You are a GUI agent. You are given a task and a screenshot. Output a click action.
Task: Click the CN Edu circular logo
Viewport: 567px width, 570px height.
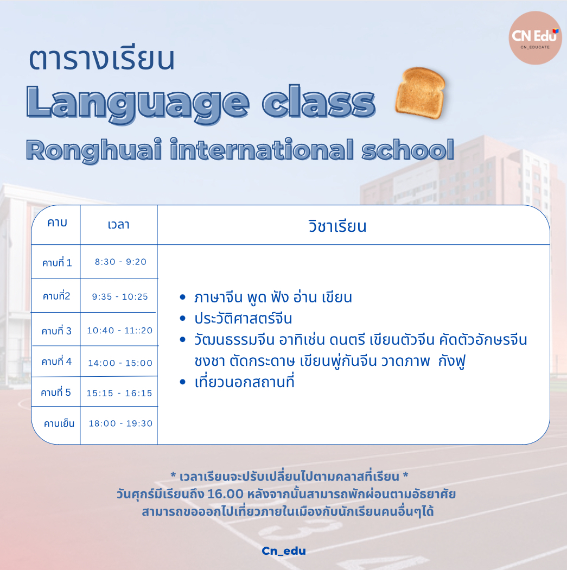tap(535, 38)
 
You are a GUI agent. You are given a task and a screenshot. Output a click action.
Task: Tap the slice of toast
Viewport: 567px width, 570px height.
tap(421, 93)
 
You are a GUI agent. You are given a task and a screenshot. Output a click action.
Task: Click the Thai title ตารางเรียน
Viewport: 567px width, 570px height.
tap(101, 59)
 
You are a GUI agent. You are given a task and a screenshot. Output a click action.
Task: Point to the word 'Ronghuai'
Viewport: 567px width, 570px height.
tap(94, 150)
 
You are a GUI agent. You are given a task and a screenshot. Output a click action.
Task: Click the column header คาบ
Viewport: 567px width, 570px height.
tap(57, 223)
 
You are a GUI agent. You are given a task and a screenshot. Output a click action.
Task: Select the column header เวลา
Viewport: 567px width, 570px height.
tap(118, 225)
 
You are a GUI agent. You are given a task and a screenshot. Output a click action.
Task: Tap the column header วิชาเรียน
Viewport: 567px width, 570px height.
tap(337, 226)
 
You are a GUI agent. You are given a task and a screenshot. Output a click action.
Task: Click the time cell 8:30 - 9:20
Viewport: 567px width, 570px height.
tap(120, 262)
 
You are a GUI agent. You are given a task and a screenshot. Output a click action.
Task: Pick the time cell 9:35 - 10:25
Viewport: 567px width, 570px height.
tap(120, 296)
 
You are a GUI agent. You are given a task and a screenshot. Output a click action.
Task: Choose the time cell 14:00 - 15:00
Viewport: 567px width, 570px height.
tap(120, 363)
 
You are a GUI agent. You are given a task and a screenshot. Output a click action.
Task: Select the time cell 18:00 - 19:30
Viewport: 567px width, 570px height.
tap(120, 423)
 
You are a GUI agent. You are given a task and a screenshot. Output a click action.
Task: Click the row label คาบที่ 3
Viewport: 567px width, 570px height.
tap(56, 331)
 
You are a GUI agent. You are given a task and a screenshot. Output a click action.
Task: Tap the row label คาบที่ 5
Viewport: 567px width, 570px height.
tap(55, 392)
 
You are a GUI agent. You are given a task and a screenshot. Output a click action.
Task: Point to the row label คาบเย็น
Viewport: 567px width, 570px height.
tap(59, 423)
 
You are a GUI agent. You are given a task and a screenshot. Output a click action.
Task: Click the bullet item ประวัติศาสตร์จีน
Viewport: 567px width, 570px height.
tap(243, 319)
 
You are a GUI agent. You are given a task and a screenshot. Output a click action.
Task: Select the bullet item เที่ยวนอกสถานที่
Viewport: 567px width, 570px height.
tap(244, 382)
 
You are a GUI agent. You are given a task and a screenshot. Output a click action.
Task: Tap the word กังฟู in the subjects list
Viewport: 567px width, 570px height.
tap(451, 362)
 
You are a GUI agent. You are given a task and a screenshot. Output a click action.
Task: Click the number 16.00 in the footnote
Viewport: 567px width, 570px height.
tap(225, 494)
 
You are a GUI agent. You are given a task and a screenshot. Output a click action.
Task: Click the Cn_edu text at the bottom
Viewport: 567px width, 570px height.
tap(284, 551)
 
